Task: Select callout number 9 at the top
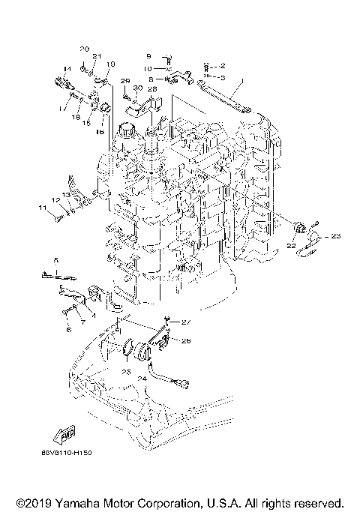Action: tap(148, 56)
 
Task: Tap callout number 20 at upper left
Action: tap(85, 49)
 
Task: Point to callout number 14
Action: tap(67, 69)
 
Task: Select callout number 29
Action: tap(125, 80)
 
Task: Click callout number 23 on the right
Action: tap(335, 237)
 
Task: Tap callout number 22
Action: tap(289, 244)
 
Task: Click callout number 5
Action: tap(55, 259)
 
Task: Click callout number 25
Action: tap(125, 371)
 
